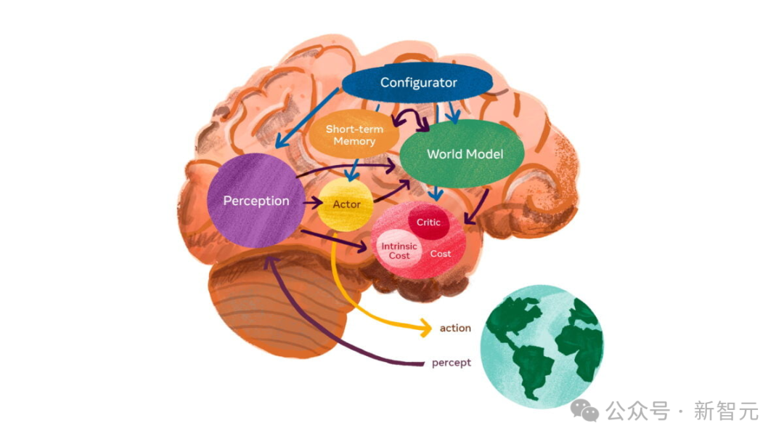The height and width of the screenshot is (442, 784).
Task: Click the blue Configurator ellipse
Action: click(x=418, y=83)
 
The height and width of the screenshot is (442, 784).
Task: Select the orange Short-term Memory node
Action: click(x=354, y=136)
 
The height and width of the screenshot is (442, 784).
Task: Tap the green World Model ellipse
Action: click(x=465, y=154)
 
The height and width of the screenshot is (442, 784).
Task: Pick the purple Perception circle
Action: click(x=256, y=201)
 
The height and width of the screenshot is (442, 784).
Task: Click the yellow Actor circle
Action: click(x=346, y=204)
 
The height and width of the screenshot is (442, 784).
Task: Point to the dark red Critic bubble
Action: click(x=428, y=222)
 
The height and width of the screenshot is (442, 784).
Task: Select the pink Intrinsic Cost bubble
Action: click(x=399, y=251)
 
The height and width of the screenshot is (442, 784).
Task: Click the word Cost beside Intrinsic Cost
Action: click(x=441, y=254)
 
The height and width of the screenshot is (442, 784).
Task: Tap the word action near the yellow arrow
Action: click(x=455, y=328)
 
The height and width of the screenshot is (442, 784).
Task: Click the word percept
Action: click(x=452, y=362)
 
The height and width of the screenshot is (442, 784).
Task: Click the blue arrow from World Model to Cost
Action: click(x=436, y=192)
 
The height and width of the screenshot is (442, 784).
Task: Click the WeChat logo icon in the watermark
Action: click(x=584, y=411)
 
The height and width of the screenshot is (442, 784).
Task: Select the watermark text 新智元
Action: click(x=726, y=411)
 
